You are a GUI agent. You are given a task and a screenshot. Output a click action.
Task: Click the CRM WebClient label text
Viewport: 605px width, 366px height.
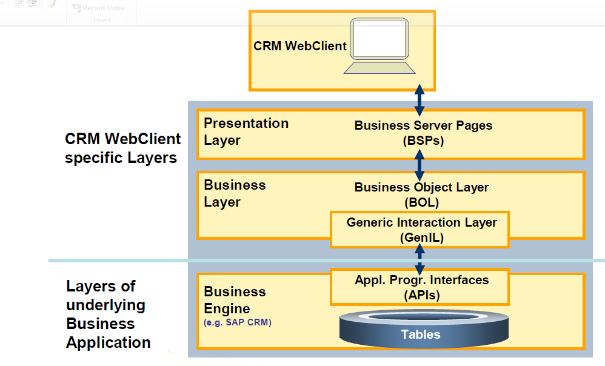pos(299,46)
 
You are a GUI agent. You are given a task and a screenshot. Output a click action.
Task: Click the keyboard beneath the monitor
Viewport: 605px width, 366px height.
pos(379,68)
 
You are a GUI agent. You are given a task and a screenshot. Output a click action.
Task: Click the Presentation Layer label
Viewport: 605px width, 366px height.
pos(246,131)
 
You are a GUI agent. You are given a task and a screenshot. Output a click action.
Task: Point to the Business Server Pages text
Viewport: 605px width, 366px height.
pos(423,125)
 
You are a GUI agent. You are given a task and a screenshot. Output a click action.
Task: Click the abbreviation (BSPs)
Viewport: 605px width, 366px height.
pos(423,141)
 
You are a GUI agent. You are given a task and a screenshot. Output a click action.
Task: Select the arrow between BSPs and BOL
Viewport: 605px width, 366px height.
pos(419,164)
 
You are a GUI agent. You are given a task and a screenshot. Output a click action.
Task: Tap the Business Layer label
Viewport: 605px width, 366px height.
pos(235,193)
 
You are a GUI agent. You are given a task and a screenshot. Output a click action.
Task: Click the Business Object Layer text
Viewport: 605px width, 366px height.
pos(421,187)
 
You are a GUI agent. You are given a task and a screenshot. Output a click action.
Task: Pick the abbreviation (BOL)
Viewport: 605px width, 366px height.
pos(421,202)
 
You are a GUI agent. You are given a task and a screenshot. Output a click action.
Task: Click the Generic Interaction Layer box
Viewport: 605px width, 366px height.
pos(419,229)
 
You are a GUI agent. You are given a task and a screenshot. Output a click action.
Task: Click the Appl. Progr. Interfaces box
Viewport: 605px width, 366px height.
pos(419,287)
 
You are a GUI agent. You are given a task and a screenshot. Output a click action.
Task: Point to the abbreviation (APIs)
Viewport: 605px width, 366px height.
pos(421,295)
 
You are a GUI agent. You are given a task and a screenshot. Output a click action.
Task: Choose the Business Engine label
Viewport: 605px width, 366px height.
pos(235,299)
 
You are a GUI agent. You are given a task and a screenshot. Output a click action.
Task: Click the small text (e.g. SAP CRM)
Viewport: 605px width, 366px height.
pos(238,322)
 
